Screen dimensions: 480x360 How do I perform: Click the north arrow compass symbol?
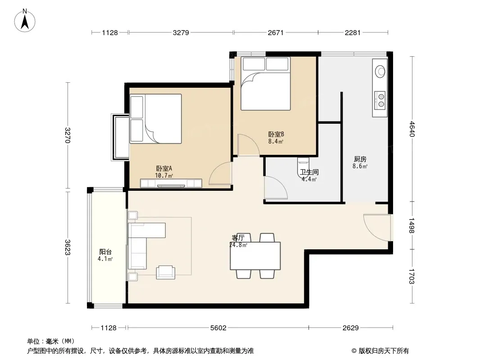25,21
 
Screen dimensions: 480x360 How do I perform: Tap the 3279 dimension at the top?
181,32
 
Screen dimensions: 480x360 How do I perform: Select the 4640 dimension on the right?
412,129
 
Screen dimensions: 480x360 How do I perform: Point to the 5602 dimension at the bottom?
218,328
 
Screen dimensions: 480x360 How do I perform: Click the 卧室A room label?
164,169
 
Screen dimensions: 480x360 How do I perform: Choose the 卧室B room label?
276,134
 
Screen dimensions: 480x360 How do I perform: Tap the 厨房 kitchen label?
360,159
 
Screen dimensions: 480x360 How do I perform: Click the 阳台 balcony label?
105,252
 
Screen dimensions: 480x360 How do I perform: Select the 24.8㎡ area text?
238,245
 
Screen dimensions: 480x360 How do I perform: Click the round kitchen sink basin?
380,72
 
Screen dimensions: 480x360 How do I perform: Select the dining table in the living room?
255,256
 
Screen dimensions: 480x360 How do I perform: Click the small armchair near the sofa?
166,272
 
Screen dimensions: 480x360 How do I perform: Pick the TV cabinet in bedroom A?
171,183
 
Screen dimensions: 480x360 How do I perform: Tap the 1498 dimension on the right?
412,226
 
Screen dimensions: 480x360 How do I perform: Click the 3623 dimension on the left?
68,247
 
